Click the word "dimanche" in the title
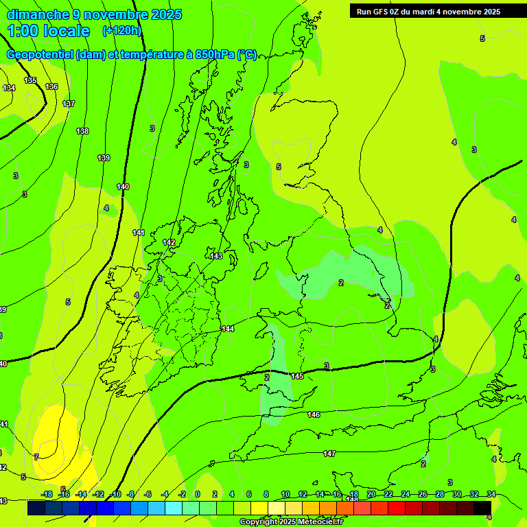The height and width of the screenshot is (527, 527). pos(38,14)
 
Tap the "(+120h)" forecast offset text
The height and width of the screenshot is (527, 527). pos(121,30)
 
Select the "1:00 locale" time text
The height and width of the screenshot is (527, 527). pos(48,31)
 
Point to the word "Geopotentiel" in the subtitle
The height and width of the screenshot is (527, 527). pos(40,55)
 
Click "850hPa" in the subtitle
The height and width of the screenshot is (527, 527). pos(215,55)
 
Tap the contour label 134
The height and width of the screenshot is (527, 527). pos(9,88)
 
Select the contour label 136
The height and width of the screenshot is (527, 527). pos(51,86)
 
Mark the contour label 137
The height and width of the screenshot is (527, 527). pos(69,104)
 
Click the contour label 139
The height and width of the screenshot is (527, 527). pos(104,158)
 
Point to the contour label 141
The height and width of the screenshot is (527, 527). pos(139,233)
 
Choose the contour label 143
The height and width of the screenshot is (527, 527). pos(216,256)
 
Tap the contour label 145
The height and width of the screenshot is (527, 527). pos(297,377)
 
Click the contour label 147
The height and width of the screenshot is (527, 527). pos(329,454)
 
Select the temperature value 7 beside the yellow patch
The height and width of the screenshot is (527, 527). pos(36,456)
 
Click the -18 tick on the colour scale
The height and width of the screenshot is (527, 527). pos(47,494)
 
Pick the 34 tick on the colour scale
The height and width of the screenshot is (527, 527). pos(491,494)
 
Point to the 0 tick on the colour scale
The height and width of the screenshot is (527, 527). pos(197,494)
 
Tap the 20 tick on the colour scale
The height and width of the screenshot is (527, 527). pos(371,494)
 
